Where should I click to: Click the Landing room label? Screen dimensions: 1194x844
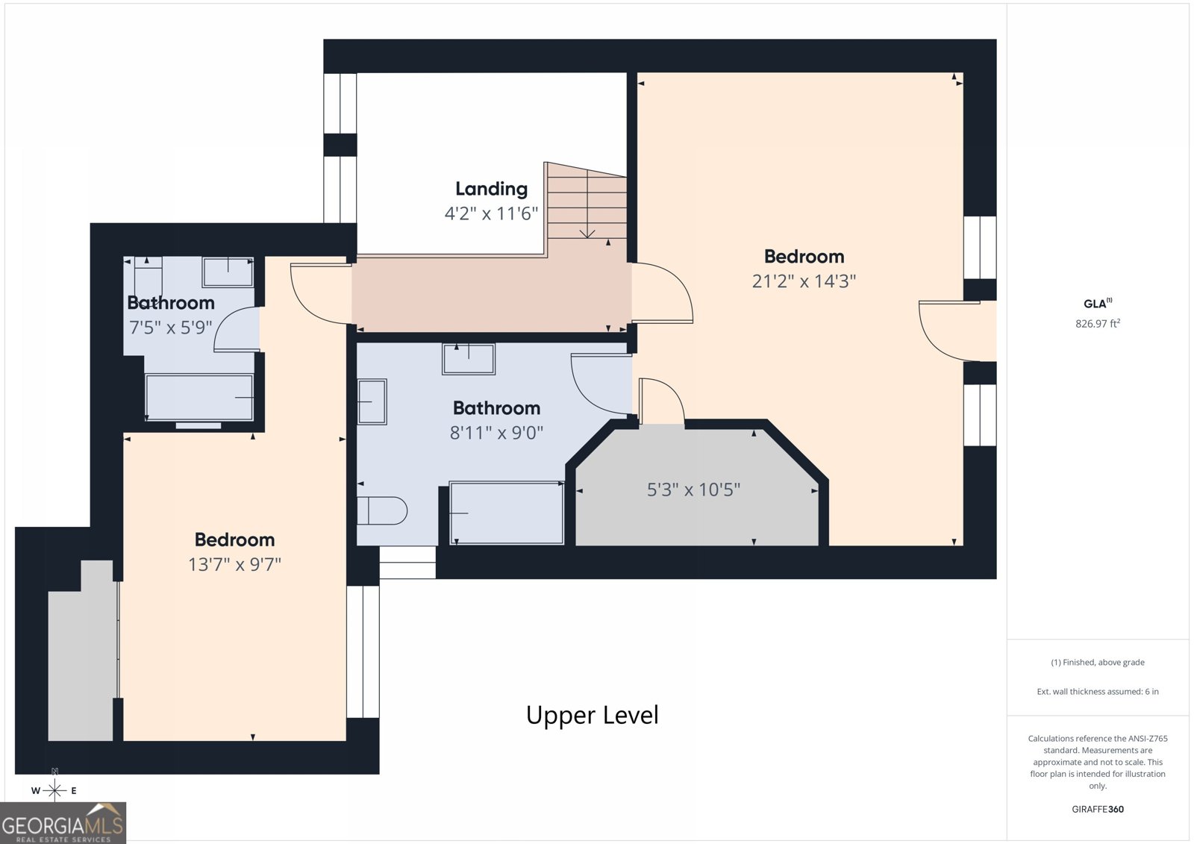point(492,189)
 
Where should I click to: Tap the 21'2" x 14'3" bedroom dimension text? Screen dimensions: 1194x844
point(804,281)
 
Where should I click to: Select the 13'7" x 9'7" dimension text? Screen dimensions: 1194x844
point(234,564)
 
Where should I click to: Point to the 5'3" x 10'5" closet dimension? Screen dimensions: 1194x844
point(693,490)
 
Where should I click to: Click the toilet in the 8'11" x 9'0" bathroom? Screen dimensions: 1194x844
point(382,510)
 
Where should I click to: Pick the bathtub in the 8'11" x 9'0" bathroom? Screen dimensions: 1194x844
point(507,513)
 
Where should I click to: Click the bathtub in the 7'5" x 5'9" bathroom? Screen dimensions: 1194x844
point(199,397)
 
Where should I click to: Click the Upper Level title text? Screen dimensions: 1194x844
point(593,715)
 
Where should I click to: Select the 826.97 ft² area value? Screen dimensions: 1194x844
point(1098,324)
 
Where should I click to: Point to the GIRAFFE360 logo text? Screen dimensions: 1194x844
point(1098,809)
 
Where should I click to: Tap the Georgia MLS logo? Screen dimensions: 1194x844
point(63,822)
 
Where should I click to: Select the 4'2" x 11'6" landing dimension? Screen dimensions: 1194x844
point(492,214)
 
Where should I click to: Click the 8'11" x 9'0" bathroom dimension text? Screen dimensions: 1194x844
point(496,432)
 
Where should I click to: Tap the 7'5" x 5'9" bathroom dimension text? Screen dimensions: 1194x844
point(171,327)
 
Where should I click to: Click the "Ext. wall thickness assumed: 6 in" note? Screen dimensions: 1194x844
point(1098,692)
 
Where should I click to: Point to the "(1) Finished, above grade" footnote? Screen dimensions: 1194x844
point(1098,662)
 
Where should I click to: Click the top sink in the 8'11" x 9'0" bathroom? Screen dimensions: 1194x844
point(469,359)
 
